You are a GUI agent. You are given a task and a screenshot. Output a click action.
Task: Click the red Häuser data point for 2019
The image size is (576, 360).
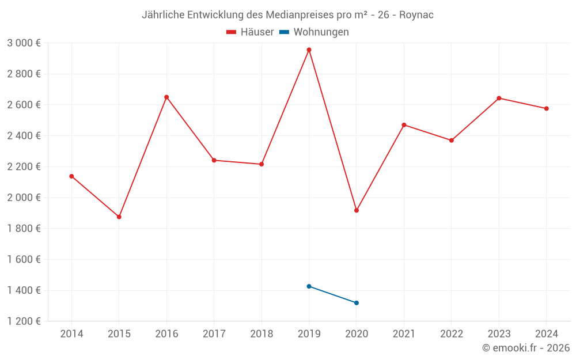click(309, 50)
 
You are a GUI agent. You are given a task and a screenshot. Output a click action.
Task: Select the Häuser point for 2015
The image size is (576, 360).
click(119, 217)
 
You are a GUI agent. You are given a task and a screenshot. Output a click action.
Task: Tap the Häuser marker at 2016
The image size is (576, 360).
click(166, 97)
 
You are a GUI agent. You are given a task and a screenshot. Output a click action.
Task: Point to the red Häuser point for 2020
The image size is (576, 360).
click(357, 210)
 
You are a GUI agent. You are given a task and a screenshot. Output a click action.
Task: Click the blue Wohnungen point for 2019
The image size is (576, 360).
click(309, 286)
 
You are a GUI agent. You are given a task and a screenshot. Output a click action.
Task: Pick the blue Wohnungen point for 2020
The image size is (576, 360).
click(357, 303)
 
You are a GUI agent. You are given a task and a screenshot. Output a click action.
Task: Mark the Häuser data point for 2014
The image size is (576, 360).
click(71, 176)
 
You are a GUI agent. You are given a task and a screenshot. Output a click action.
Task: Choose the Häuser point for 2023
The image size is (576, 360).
click(499, 98)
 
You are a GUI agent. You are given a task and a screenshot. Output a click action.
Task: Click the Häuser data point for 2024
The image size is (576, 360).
click(546, 108)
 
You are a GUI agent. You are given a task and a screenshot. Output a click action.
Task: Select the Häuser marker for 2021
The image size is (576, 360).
click(404, 125)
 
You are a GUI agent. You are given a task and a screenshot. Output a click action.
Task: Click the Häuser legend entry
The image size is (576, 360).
click(250, 32)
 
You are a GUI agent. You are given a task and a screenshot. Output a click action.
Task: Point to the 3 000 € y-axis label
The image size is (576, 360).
click(24, 43)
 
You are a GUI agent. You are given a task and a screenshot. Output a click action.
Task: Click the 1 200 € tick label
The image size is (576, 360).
click(24, 321)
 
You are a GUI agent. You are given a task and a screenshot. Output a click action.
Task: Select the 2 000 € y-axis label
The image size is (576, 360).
click(24, 198)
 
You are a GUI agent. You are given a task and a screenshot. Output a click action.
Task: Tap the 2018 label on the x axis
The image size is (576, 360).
click(262, 334)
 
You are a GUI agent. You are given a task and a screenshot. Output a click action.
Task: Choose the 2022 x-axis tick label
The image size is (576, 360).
click(451, 334)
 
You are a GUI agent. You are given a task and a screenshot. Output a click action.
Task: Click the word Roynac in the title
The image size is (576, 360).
click(416, 15)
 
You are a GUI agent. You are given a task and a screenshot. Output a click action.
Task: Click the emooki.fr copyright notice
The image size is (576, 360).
click(526, 348)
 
